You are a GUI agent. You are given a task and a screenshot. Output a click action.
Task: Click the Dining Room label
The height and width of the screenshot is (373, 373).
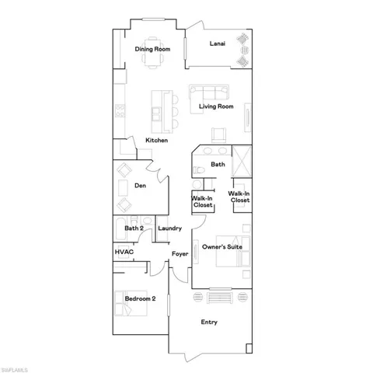tap(152, 50)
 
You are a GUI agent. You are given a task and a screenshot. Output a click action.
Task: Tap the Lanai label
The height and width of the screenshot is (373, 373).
tap(218, 44)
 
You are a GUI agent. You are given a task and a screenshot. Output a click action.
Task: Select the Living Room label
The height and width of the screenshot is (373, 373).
tap(216, 106)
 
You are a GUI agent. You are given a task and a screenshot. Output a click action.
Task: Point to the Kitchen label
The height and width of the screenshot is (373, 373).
tap(157, 141)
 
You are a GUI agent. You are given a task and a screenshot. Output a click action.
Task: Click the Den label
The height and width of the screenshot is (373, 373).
tap(140, 186)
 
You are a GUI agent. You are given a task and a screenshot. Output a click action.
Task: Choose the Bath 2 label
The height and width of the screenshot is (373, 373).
tap(134, 228)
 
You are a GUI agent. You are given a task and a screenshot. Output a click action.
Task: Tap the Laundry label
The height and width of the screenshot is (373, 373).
tap(169, 228)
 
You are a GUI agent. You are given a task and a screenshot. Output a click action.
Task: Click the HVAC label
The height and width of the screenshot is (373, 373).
tap(124, 253)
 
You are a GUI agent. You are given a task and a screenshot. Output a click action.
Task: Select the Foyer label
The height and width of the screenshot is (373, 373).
tap(180, 253)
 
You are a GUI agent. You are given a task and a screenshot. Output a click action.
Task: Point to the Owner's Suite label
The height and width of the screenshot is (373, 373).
tap(222, 247)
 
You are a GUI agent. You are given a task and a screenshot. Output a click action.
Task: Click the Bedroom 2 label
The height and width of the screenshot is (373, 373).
tap(141, 298)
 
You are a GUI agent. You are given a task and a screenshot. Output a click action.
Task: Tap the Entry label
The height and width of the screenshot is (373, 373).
tap(209, 322)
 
